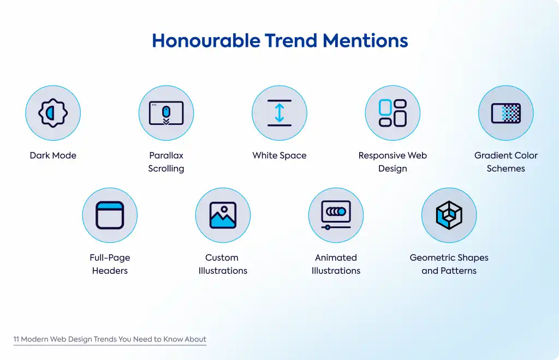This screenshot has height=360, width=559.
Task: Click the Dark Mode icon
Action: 53,113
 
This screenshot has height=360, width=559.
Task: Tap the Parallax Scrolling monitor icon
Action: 166,113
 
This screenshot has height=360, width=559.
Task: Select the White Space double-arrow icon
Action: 279,113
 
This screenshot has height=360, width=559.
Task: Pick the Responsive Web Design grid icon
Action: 393,113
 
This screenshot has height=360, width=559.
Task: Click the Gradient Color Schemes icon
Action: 506,113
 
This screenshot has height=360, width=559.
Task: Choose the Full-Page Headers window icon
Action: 110,215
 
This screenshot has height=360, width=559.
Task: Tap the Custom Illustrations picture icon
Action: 223,215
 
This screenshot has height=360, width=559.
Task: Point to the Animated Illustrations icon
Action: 336,215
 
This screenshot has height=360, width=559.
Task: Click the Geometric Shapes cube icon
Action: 449,215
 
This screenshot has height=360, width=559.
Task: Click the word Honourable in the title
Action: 206,40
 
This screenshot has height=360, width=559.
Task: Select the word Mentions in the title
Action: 365,40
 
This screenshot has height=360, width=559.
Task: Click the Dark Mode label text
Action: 53,155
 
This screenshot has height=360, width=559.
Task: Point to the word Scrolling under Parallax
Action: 166,169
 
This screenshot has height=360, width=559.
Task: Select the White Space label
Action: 279,155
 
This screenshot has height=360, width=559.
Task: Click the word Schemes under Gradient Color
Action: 506,169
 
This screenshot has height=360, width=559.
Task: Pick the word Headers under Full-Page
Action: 110,271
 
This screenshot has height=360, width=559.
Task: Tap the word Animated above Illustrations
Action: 336,257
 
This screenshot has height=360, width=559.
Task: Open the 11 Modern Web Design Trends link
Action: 110,339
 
